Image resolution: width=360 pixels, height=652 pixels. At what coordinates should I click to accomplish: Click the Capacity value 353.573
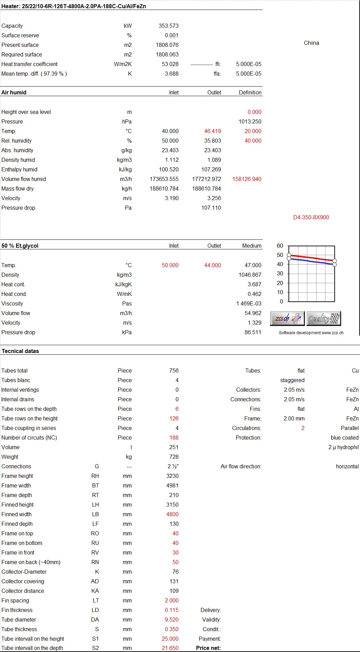pos(168,26)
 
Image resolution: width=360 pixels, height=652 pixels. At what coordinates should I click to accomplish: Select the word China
pos(311,43)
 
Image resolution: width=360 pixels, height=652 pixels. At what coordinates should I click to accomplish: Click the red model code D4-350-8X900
pos(311,217)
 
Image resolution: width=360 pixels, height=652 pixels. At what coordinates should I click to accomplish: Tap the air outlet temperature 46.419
pos(213,131)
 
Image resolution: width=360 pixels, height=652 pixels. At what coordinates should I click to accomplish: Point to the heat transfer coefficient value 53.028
pos(170,64)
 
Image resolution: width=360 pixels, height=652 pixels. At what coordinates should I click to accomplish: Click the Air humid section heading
pos(14,92)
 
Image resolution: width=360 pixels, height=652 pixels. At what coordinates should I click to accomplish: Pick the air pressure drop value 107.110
pos(211,208)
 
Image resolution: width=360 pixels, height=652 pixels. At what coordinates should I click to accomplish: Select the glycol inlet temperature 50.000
pos(170,265)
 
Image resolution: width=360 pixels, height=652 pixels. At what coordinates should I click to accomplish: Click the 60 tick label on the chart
pos(280,246)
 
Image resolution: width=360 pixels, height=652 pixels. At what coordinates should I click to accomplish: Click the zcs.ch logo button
pos(287,319)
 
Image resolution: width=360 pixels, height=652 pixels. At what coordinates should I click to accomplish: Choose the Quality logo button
pos(324,319)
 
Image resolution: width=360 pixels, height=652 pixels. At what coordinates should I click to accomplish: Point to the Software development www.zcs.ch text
pos(311,333)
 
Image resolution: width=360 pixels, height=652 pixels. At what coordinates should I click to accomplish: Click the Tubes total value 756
pos(174,370)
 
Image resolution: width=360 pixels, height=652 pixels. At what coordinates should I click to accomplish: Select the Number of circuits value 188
pos(174,438)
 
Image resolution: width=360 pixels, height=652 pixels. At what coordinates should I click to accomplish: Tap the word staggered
pos(292,380)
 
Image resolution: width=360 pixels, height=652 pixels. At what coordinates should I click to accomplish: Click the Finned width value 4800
pos(172,514)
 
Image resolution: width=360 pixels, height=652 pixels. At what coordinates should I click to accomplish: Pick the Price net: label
pos(208,648)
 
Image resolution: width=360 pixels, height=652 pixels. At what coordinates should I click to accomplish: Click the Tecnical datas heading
pos(20,351)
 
